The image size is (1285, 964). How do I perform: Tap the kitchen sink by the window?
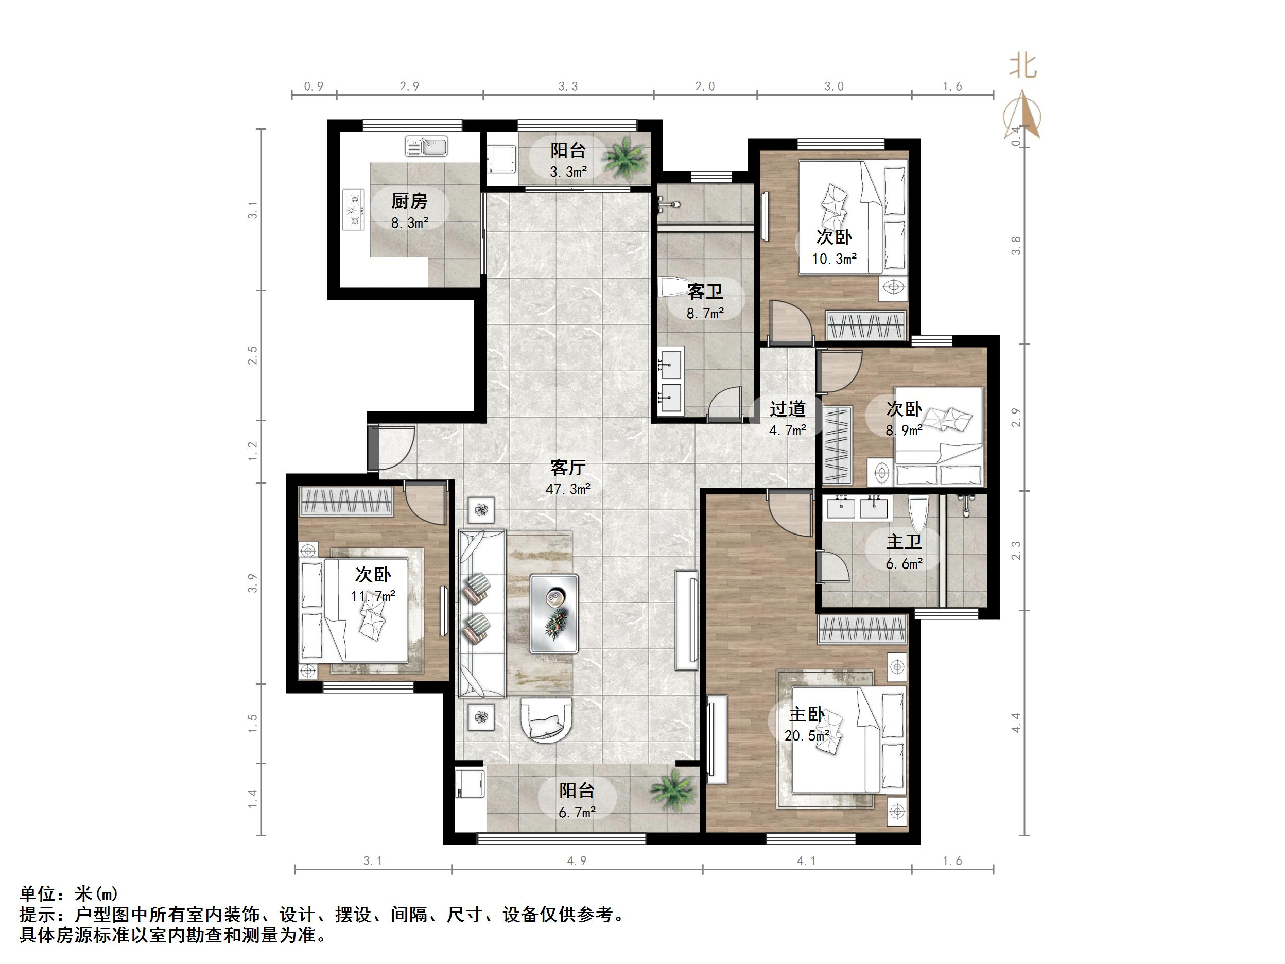[426, 146]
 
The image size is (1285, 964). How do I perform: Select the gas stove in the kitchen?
[353, 210]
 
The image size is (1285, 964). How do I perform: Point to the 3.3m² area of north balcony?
[568, 172]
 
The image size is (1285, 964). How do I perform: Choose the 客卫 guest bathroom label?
[705, 291]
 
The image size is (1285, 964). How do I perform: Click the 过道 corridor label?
[787, 409]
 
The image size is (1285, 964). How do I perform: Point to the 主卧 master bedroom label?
[806, 714]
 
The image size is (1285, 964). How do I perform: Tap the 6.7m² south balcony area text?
[577, 812]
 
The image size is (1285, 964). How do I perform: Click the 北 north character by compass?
[1022, 66]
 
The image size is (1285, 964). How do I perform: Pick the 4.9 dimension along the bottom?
[576, 861]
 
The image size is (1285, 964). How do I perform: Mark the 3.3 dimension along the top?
[568, 87]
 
